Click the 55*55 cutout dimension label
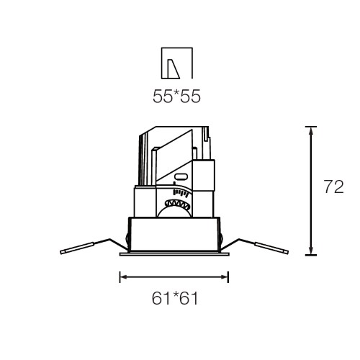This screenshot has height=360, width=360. pos(176,96)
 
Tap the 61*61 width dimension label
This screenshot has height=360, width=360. pos(175,298)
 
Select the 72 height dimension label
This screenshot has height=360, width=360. pos(334,186)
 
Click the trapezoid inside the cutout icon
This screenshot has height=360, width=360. pos(174,69)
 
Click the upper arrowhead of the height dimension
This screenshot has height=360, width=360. pos(311,132)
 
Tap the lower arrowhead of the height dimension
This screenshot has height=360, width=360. pos(311,250)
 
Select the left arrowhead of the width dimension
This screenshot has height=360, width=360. pos(124,277)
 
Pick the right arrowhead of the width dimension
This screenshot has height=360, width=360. pos(225,277)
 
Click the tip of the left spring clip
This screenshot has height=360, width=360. pos(61,252)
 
